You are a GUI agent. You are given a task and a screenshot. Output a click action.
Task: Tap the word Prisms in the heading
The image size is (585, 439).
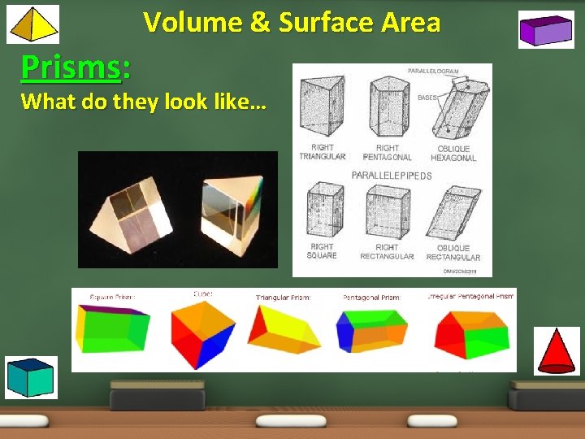(x=71, y=67)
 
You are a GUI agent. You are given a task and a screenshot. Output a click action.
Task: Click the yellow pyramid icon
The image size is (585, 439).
(x=33, y=24)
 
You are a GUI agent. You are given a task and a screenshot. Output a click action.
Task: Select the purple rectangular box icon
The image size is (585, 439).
(x=546, y=31)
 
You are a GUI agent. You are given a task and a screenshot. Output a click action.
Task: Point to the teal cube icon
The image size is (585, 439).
(x=32, y=377)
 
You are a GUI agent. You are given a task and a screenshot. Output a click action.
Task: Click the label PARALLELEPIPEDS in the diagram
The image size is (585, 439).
(x=392, y=176)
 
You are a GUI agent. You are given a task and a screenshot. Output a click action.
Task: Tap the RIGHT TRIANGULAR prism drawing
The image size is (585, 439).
(x=321, y=106)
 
